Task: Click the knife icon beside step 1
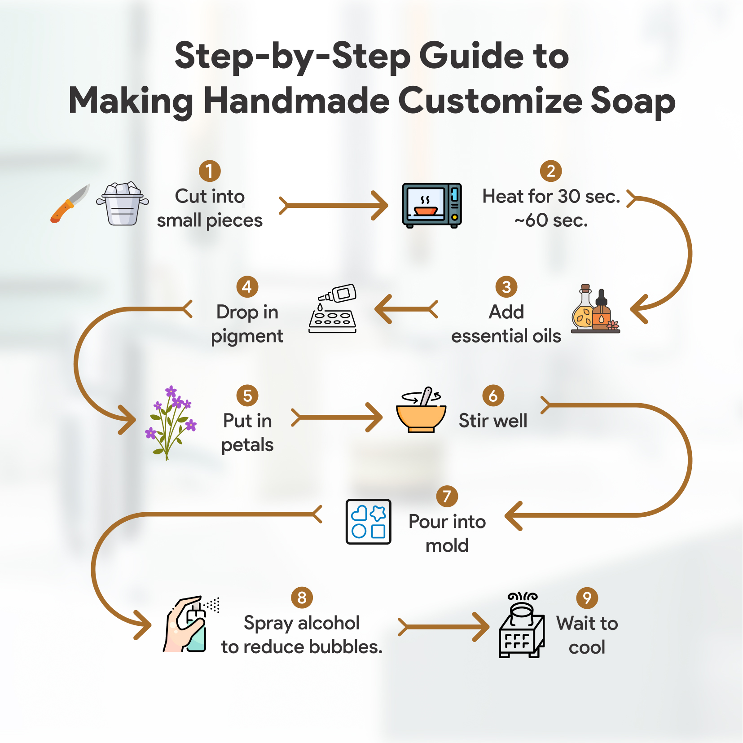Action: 70,203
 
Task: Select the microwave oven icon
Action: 432,205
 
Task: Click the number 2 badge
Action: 551,171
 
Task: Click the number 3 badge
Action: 506,287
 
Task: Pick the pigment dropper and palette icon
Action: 333,308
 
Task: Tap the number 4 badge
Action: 247,287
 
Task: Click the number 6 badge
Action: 493,396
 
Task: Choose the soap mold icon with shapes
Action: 369,522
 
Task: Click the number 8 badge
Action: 302,598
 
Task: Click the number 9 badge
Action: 587,598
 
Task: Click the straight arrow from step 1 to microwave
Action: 334,206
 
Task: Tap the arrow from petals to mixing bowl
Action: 337,418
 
